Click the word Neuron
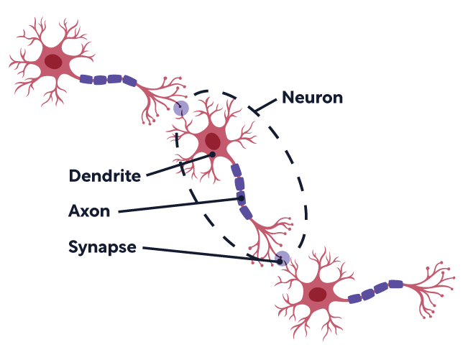312,97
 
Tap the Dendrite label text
105,175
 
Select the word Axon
89,211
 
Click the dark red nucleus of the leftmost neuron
52,62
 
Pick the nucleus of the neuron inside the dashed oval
213,140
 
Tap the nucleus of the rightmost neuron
317,295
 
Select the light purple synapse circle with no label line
181,109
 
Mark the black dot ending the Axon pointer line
242,199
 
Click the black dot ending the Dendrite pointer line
213,154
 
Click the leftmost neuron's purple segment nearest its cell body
86,79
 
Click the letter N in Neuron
288,97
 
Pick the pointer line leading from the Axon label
180,206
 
